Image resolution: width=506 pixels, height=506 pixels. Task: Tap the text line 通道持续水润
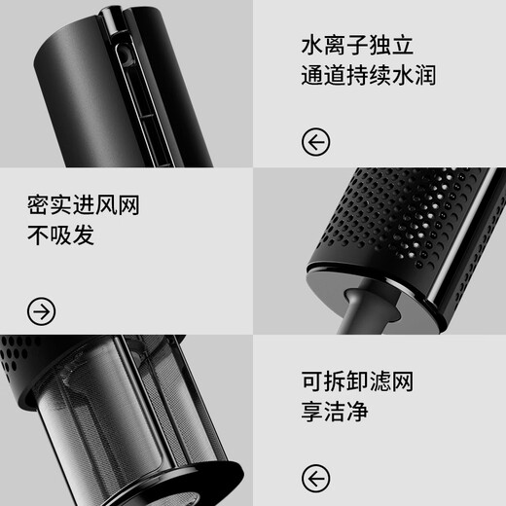pyautogui.click(x=370, y=78)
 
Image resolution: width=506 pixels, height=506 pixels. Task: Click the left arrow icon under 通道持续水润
pyautogui.click(x=316, y=143)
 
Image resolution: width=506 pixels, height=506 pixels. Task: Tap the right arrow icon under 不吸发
pyautogui.click(x=42, y=311)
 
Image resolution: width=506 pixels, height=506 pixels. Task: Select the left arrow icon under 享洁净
pyautogui.click(x=316, y=478)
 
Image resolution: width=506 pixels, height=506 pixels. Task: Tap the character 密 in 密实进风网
pyautogui.click(x=40, y=205)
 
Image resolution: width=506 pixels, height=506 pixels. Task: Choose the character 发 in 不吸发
pyautogui.click(x=85, y=236)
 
